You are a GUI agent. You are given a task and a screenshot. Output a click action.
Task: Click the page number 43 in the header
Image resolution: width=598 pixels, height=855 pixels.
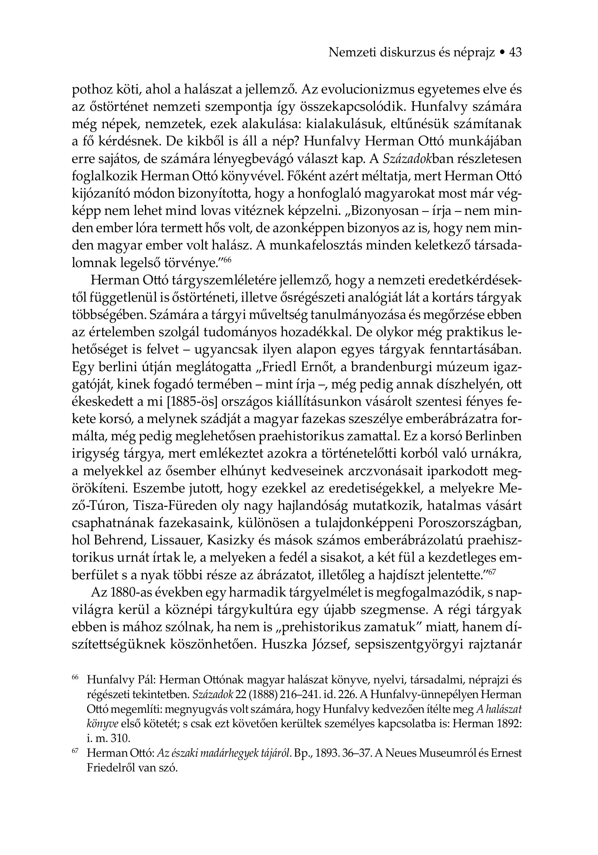[x=515, y=53]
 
